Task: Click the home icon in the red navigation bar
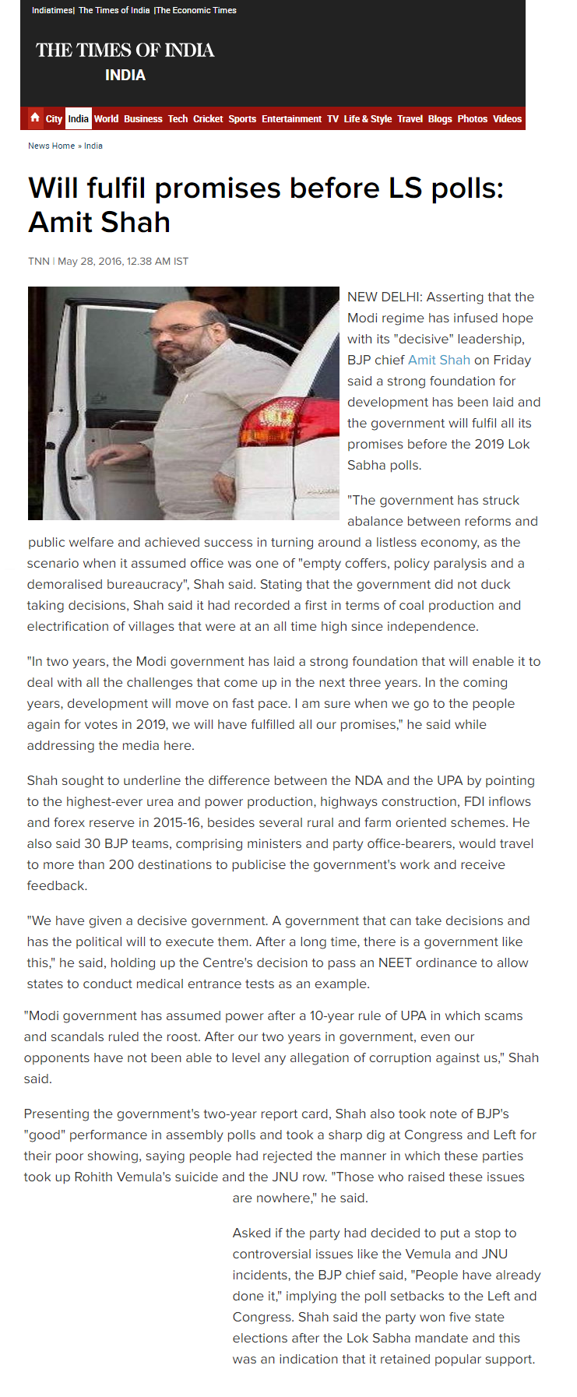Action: tap(35, 118)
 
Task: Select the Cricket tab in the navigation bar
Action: tap(208, 119)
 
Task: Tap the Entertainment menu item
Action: tap(291, 119)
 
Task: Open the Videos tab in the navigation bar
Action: tap(507, 119)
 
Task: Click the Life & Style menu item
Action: tap(368, 119)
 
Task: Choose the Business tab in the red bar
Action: tap(142, 119)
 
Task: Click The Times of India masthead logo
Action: tap(125, 51)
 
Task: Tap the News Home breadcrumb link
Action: tap(51, 146)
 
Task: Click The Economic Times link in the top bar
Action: tap(196, 10)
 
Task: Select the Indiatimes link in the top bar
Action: tap(52, 10)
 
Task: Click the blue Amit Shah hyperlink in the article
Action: tap(439, 360)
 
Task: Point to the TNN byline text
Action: tap(39, 262)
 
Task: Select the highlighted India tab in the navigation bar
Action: tap(78, 119)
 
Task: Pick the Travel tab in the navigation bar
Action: tap(410, 119)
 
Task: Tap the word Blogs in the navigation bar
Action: tap(439, 119)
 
